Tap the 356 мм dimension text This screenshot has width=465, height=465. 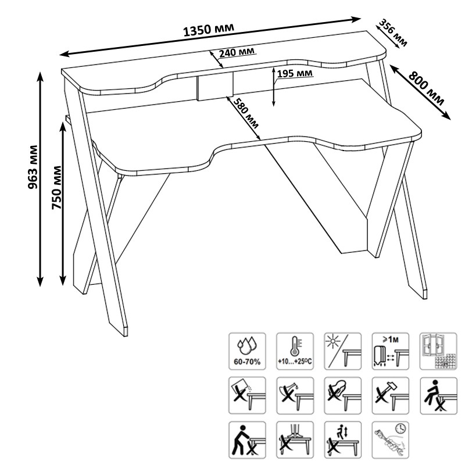click(394, 33)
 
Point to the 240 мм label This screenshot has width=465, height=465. click(237, 52)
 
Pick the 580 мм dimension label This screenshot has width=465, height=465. click(247, 113)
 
